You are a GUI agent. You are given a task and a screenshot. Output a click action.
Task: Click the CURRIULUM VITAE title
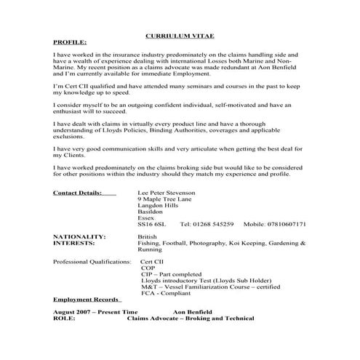pyautogui.click(x=180, y=34)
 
